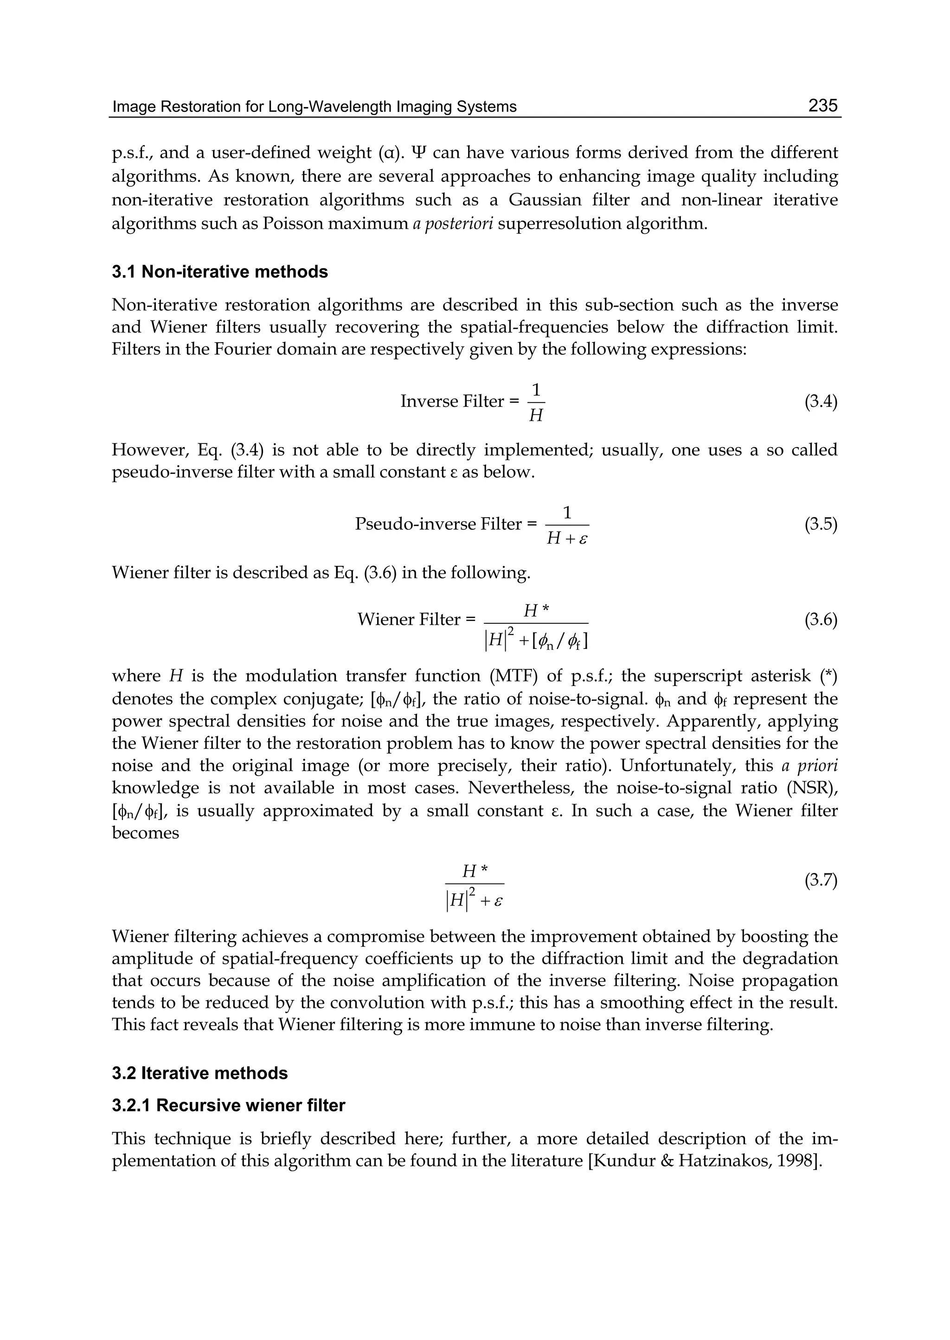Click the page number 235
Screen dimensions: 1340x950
pos(822,105)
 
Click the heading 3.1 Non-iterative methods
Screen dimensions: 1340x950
pos(219,272)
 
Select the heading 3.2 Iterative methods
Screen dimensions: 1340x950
pos(199,1073)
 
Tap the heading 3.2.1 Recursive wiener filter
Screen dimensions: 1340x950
pos(228,1105)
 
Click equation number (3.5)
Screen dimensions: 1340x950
pos(821,524)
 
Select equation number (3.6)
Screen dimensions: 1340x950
pos(821,619)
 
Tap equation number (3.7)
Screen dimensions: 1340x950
pos(821,880)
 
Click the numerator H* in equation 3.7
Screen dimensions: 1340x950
pos(475,872)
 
